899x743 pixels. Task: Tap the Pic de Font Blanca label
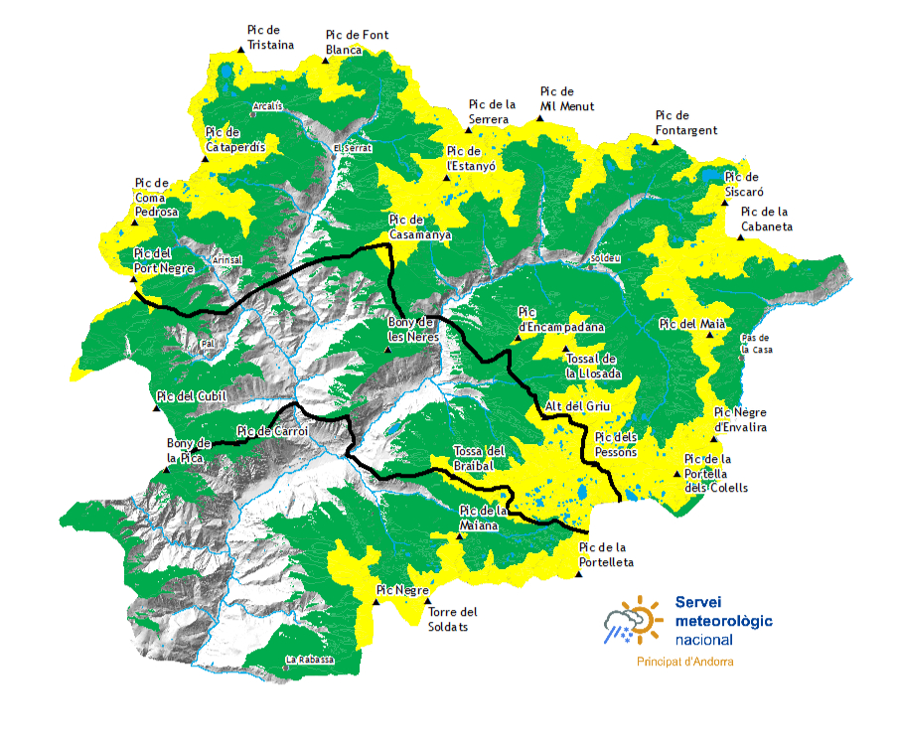(357, 43)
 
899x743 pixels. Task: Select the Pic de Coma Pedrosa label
(156, 198)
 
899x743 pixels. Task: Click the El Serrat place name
(353, 148)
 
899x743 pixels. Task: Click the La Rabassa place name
(309, 660)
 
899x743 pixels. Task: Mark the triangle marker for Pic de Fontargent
(656, 142)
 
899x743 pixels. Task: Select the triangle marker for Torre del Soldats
(428, 600)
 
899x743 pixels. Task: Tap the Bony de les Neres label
(411, 329)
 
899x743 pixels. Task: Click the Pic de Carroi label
(273, 431)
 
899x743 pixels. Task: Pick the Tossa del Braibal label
(479, 457)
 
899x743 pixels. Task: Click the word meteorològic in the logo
(723, 621)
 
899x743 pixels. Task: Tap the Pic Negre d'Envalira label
(741, 420)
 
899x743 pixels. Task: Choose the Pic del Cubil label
(192, 396)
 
